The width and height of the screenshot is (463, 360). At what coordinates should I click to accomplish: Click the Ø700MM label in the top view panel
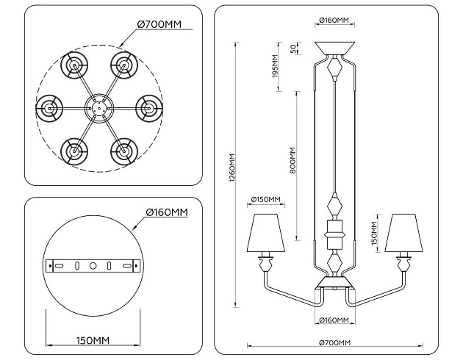click(x=159, y=25)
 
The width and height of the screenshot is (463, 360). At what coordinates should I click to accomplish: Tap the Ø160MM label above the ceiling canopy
click(x=334, y=21)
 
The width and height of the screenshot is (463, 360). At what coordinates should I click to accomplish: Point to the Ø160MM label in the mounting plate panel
click(x=166, y=212)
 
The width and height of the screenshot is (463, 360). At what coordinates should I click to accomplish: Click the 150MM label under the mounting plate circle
click(x=92, y=339)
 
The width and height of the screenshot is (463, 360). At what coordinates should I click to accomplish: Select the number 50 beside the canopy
click(x=293, y=48)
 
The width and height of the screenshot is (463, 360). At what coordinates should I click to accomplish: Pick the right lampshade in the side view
click(x=403, y=233)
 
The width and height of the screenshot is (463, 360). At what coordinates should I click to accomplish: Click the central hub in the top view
click(x=98, y=107)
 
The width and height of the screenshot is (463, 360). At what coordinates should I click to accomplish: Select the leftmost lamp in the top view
click(x=50, y=107)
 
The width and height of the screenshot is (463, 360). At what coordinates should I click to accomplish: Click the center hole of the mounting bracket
click(x=93, y=264)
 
